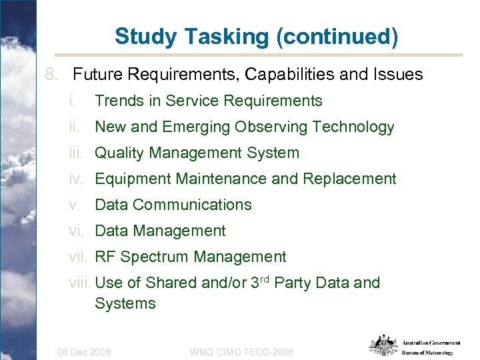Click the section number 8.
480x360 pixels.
coord(54,75)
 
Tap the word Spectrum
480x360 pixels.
coord(154,257)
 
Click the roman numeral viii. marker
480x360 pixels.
coord(81,283)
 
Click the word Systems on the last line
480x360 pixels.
coord(125,304)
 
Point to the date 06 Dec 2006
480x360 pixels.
coord(84,351)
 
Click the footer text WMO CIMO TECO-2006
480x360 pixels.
coord(241,351)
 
